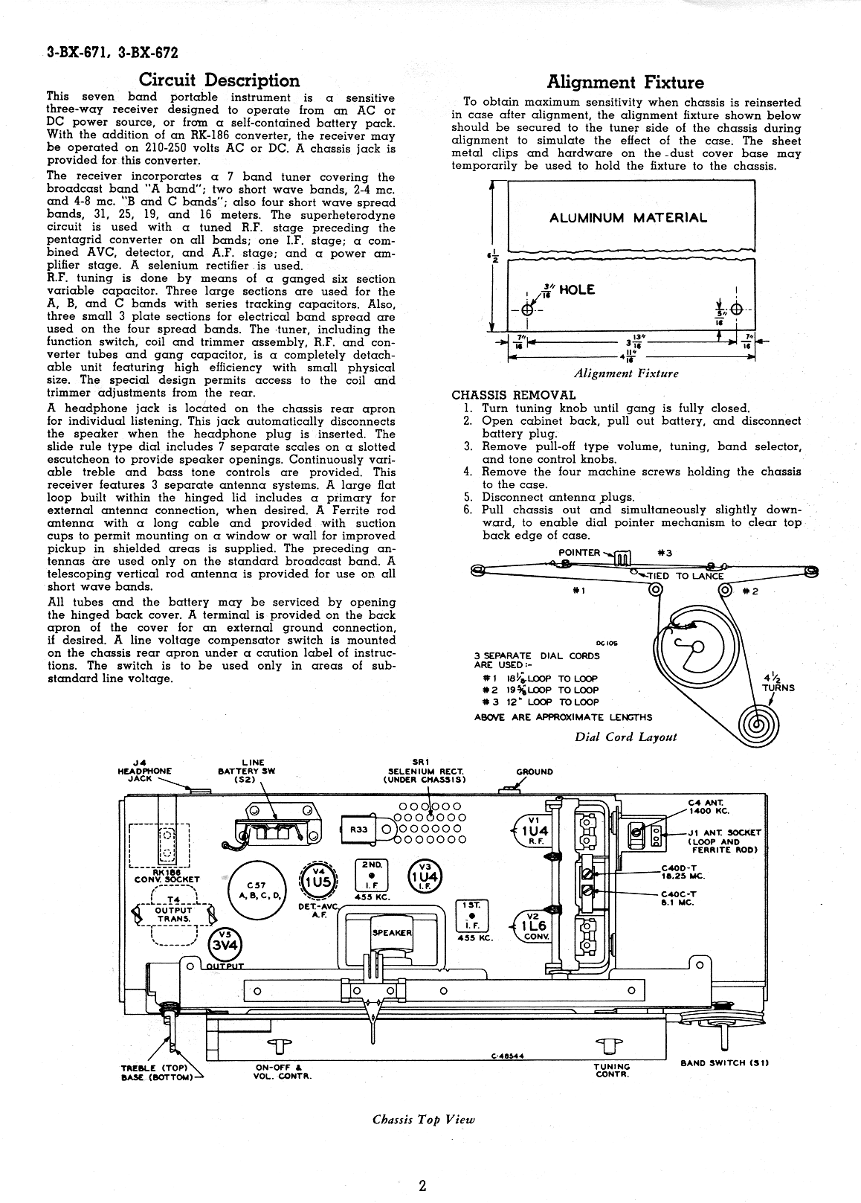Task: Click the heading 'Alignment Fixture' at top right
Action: pos(625,82)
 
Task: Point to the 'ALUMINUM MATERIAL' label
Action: pos(628,218)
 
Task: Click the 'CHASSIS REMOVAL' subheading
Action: pos(513,394)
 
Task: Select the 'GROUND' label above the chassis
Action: pos(534,771)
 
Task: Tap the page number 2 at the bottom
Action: pos(422,1186)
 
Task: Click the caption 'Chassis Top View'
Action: pos(423,1119)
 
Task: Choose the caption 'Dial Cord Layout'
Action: pos(625,737)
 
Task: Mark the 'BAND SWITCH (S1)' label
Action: pos(724,1062)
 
